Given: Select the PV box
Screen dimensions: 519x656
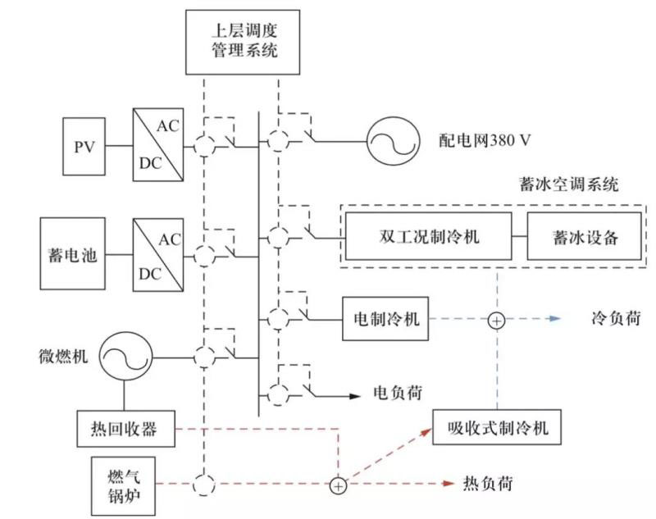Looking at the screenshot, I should [84, 148].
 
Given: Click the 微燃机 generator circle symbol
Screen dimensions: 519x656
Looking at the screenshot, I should [125, 357].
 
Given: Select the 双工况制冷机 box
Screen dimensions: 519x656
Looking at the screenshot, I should [428, 237].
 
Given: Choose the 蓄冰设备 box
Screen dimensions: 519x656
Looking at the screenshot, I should [584, 237].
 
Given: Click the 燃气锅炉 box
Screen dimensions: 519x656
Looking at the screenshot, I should [122, 484].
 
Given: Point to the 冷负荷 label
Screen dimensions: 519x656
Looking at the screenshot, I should [614, 316].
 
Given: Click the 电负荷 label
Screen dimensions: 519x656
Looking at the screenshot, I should [397, 394].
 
